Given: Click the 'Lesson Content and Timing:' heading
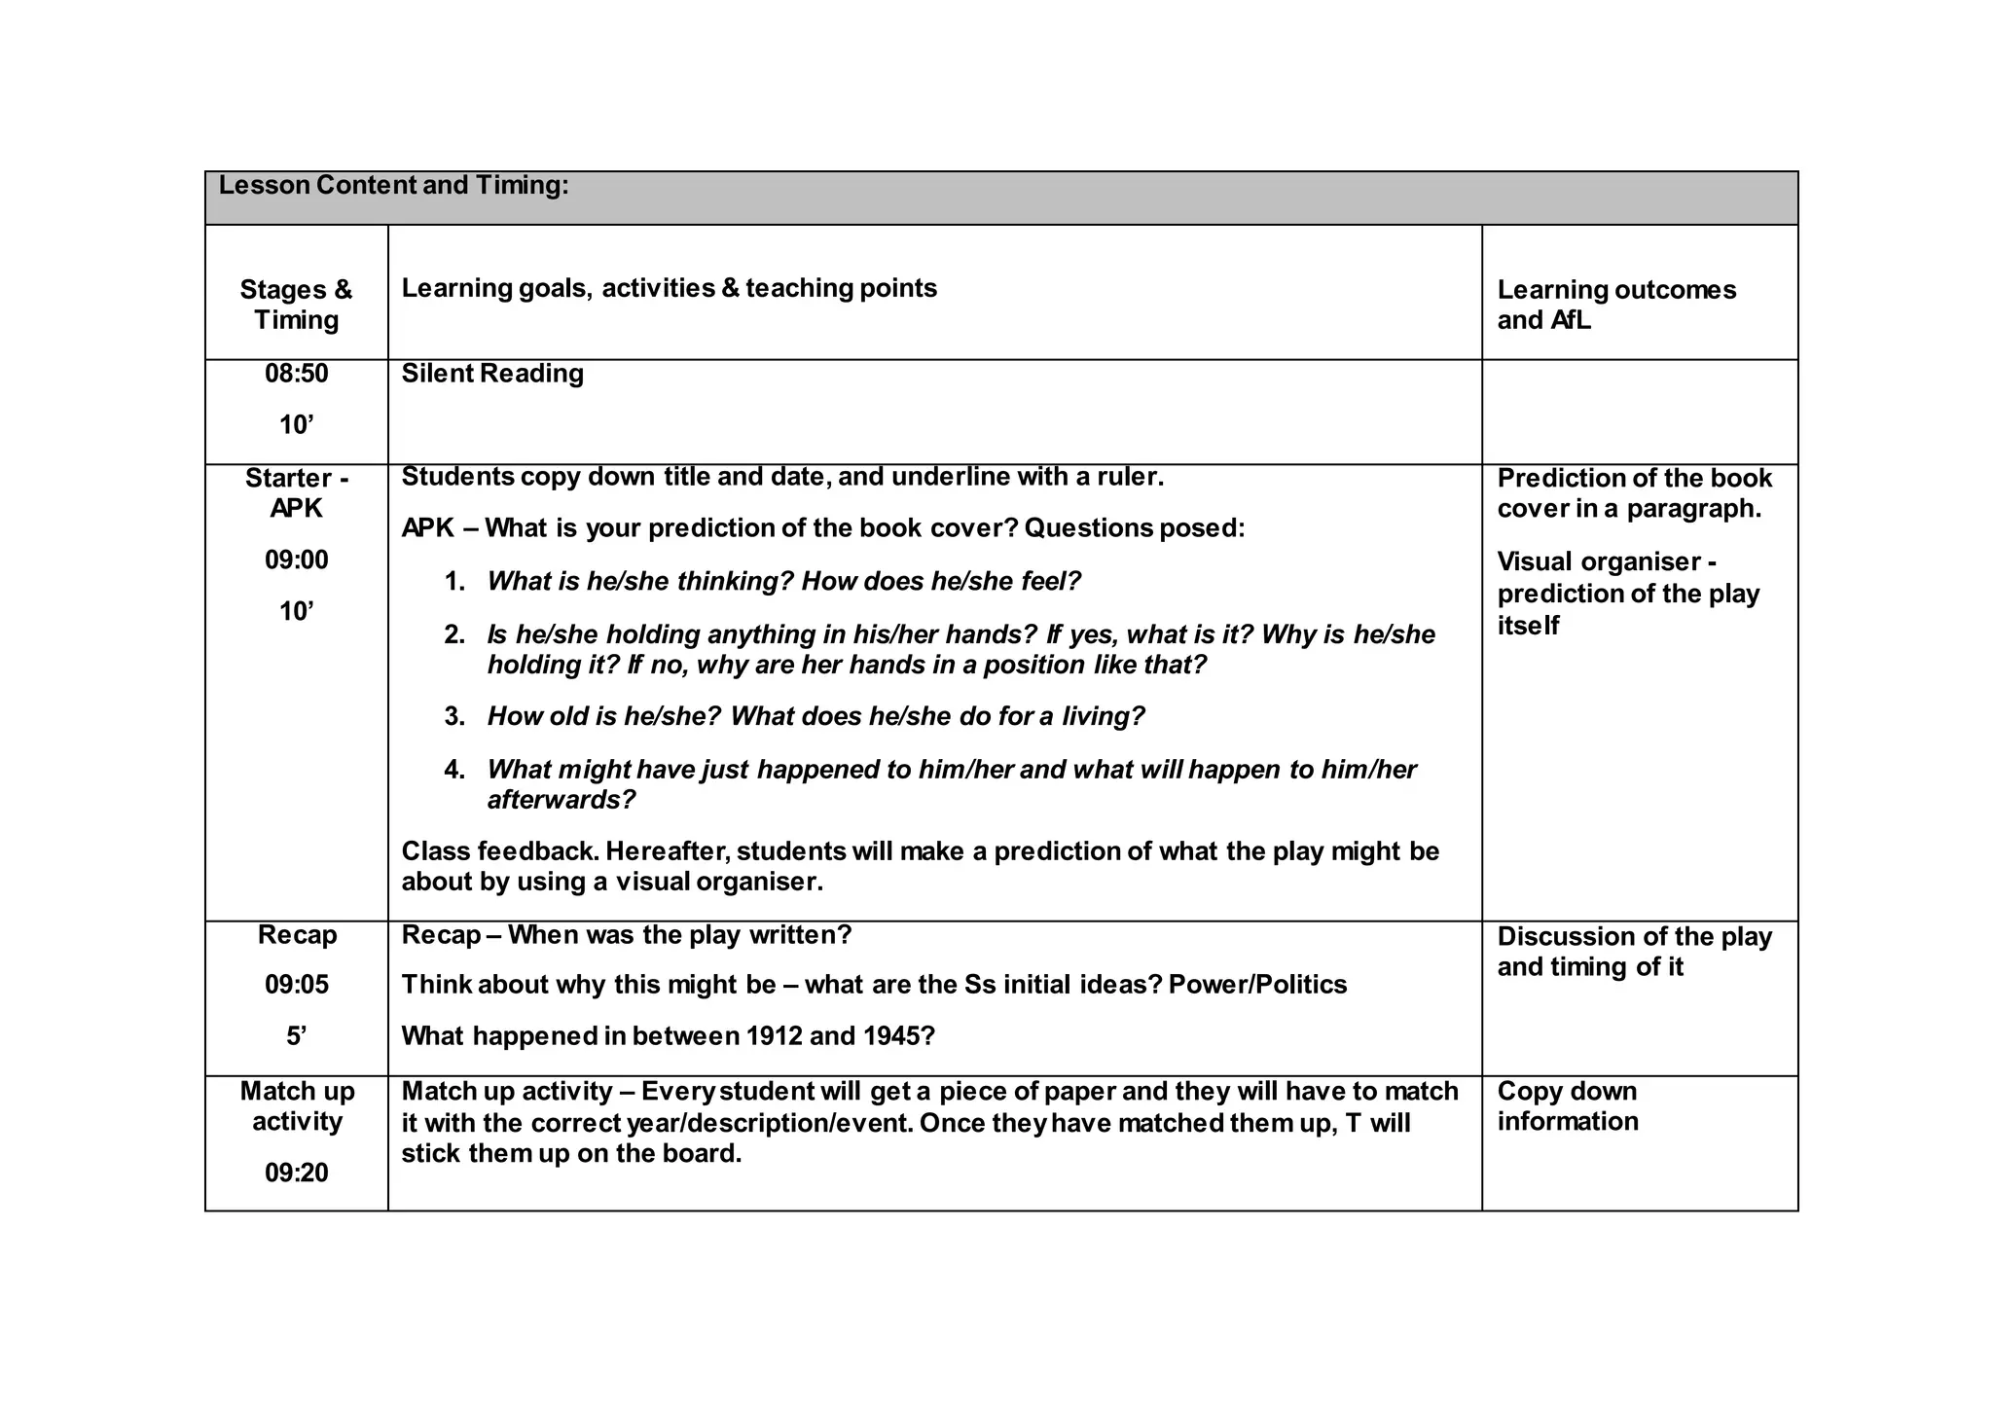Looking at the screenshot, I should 393,185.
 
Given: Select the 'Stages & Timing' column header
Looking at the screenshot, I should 296,305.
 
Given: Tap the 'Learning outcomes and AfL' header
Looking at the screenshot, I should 1615,305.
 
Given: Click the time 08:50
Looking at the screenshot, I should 296,374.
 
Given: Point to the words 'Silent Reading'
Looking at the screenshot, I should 492,374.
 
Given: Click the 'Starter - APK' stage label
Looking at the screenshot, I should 296,493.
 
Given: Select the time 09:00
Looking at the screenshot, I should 296,560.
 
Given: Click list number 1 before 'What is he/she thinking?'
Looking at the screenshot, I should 454,582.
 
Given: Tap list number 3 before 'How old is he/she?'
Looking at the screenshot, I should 454,717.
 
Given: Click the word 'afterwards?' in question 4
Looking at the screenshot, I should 561,800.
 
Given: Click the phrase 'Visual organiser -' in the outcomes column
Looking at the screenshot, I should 1606,562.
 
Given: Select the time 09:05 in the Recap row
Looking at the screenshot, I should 296,985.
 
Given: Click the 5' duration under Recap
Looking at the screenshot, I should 296,1036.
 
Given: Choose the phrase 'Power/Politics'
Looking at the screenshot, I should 1257,985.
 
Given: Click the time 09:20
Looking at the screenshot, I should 296,1174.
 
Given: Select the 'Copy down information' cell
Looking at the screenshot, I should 1567,1106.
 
